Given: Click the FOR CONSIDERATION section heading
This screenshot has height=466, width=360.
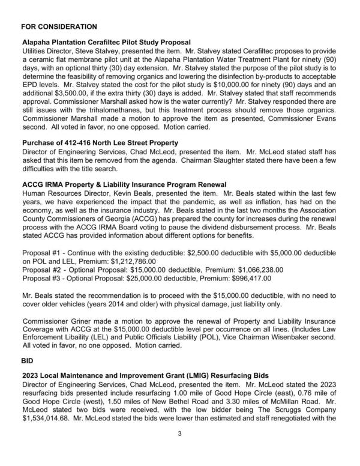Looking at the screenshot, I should pos(59,27).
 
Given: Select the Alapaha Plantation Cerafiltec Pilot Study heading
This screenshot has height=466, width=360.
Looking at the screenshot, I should pos(106,43).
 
